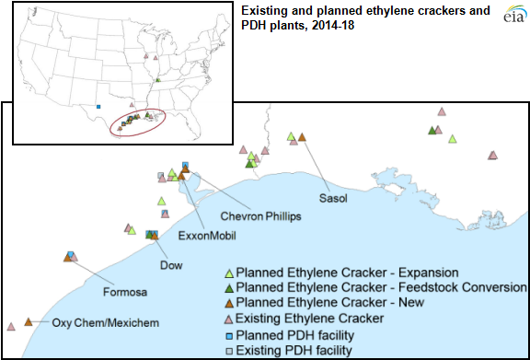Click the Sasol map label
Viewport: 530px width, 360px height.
(x=335, y=199)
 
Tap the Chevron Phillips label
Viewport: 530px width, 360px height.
(x=260, y=215)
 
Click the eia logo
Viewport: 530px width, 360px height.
(x=511, y=16)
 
